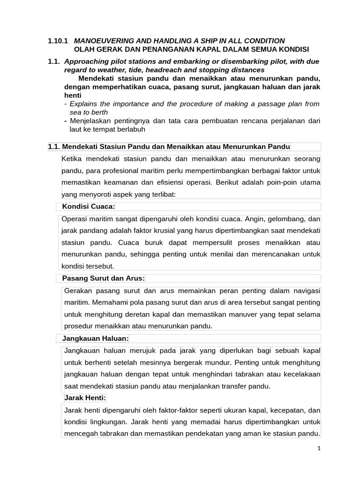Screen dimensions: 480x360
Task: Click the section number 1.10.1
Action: tap(58, 41)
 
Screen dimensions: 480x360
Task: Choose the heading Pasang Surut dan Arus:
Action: tap(104, 278)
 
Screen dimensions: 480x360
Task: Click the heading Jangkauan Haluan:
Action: tap(96, 338)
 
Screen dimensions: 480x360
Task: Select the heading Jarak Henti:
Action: tap(85, 398)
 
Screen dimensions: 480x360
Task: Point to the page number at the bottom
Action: tap(319, 449)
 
